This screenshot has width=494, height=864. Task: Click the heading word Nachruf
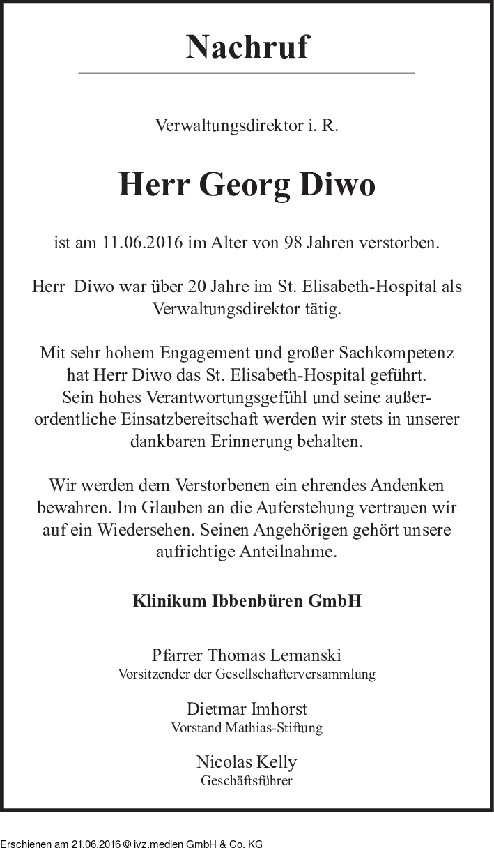point(247,47)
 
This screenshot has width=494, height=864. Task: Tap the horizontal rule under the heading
point(247,73)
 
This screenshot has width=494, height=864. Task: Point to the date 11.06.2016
point(143,243)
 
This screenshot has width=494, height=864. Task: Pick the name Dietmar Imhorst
point(247,709)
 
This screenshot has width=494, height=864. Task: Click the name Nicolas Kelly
point(247,761)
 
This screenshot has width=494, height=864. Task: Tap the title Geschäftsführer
point(247,780)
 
